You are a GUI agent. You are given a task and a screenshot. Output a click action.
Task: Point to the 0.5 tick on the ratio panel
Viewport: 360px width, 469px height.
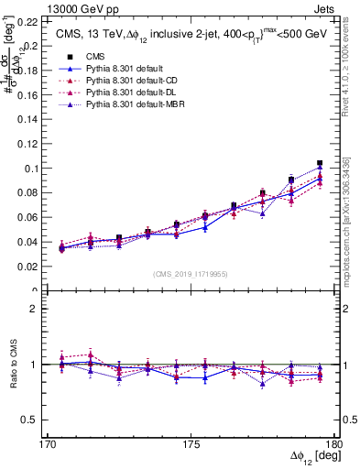(28, 420)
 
